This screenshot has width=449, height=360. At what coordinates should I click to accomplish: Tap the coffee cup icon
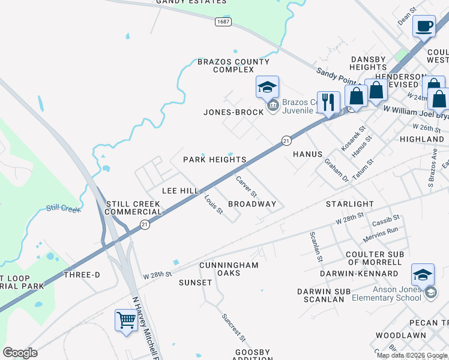424,27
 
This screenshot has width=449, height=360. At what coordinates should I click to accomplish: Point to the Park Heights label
215,160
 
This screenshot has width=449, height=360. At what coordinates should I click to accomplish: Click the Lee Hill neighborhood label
181,190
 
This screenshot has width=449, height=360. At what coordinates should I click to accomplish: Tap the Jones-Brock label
234,112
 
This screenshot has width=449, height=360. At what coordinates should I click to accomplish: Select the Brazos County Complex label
234,65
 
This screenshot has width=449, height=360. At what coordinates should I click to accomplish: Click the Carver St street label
246,187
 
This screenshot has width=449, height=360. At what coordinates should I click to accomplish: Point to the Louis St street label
214,205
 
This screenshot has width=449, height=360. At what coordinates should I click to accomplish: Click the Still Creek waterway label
63,209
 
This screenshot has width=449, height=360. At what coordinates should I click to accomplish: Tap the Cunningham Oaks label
229,269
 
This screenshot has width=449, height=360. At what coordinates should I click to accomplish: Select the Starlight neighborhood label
349,204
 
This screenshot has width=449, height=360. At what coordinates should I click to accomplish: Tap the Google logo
20,353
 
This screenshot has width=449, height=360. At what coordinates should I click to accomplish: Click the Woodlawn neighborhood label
400,335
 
